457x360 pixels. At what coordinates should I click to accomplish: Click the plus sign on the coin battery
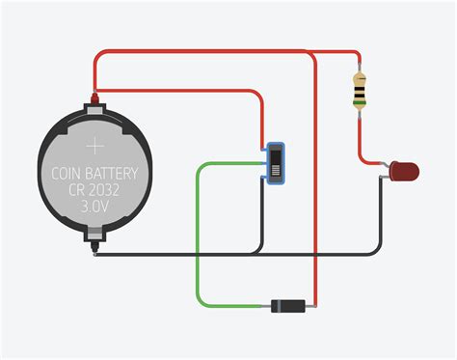[95, 146]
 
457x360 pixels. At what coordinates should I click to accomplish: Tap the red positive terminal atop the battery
[94, 97]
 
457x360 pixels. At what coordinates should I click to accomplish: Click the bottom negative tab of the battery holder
[94, 235]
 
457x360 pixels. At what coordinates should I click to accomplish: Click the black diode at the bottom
[288, 306]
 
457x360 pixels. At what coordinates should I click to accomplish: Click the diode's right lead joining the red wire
[312, 306]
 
